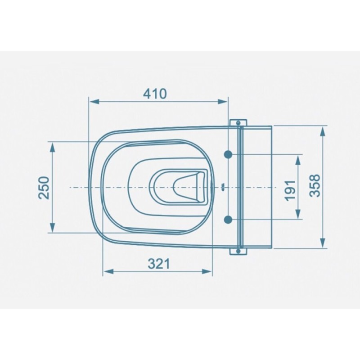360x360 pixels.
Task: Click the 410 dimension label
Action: [155, 94]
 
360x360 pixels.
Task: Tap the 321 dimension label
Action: [159, 264]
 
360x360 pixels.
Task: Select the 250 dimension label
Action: [44, 188]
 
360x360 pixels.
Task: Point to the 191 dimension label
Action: [290, 190]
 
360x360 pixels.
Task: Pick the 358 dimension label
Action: [315, 185]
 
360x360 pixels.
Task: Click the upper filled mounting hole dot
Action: [228, 155]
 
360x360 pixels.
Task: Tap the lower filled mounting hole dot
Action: [228, 220]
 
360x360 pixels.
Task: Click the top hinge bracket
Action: [238, 122]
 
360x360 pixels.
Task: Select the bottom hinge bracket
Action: [238, 252]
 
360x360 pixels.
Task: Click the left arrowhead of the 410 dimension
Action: [94, 101]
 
